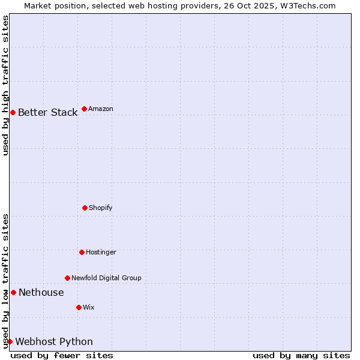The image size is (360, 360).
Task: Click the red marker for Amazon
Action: [x=84, y=109]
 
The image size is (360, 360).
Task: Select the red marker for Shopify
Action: [x=85, y=208]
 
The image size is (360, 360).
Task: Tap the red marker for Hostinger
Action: [x=82, y=252]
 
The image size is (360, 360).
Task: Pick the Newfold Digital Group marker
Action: [x=67, y=278]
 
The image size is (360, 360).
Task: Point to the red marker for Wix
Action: [x=79, y=307]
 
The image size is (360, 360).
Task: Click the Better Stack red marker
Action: [x=13, y=112]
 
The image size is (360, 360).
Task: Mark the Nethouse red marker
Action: [x=13, y=292]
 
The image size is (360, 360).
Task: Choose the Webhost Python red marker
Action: [x=10, y=341]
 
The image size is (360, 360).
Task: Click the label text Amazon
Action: [x=101, y=109]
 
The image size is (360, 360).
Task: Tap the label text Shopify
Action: [x=101, y=208]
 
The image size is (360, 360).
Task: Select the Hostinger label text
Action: [x=101, y=252]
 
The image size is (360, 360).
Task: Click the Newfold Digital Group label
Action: [x=107, y=278]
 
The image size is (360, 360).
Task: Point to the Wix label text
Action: [x=89, y=307]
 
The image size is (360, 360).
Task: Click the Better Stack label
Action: [x=48, y=112]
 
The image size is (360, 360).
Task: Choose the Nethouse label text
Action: [x=41, y=292]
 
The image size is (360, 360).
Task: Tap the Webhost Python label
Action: [x=54, y=341]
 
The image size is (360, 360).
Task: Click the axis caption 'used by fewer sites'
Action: [x=62, y=355]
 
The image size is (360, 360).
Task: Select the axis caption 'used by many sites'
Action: [x=301, y=355]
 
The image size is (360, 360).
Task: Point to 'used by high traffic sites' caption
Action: [x=5, y=85]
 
